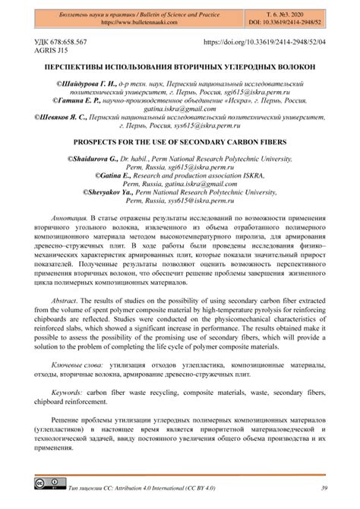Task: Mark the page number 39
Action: click(x=324, y=487)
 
